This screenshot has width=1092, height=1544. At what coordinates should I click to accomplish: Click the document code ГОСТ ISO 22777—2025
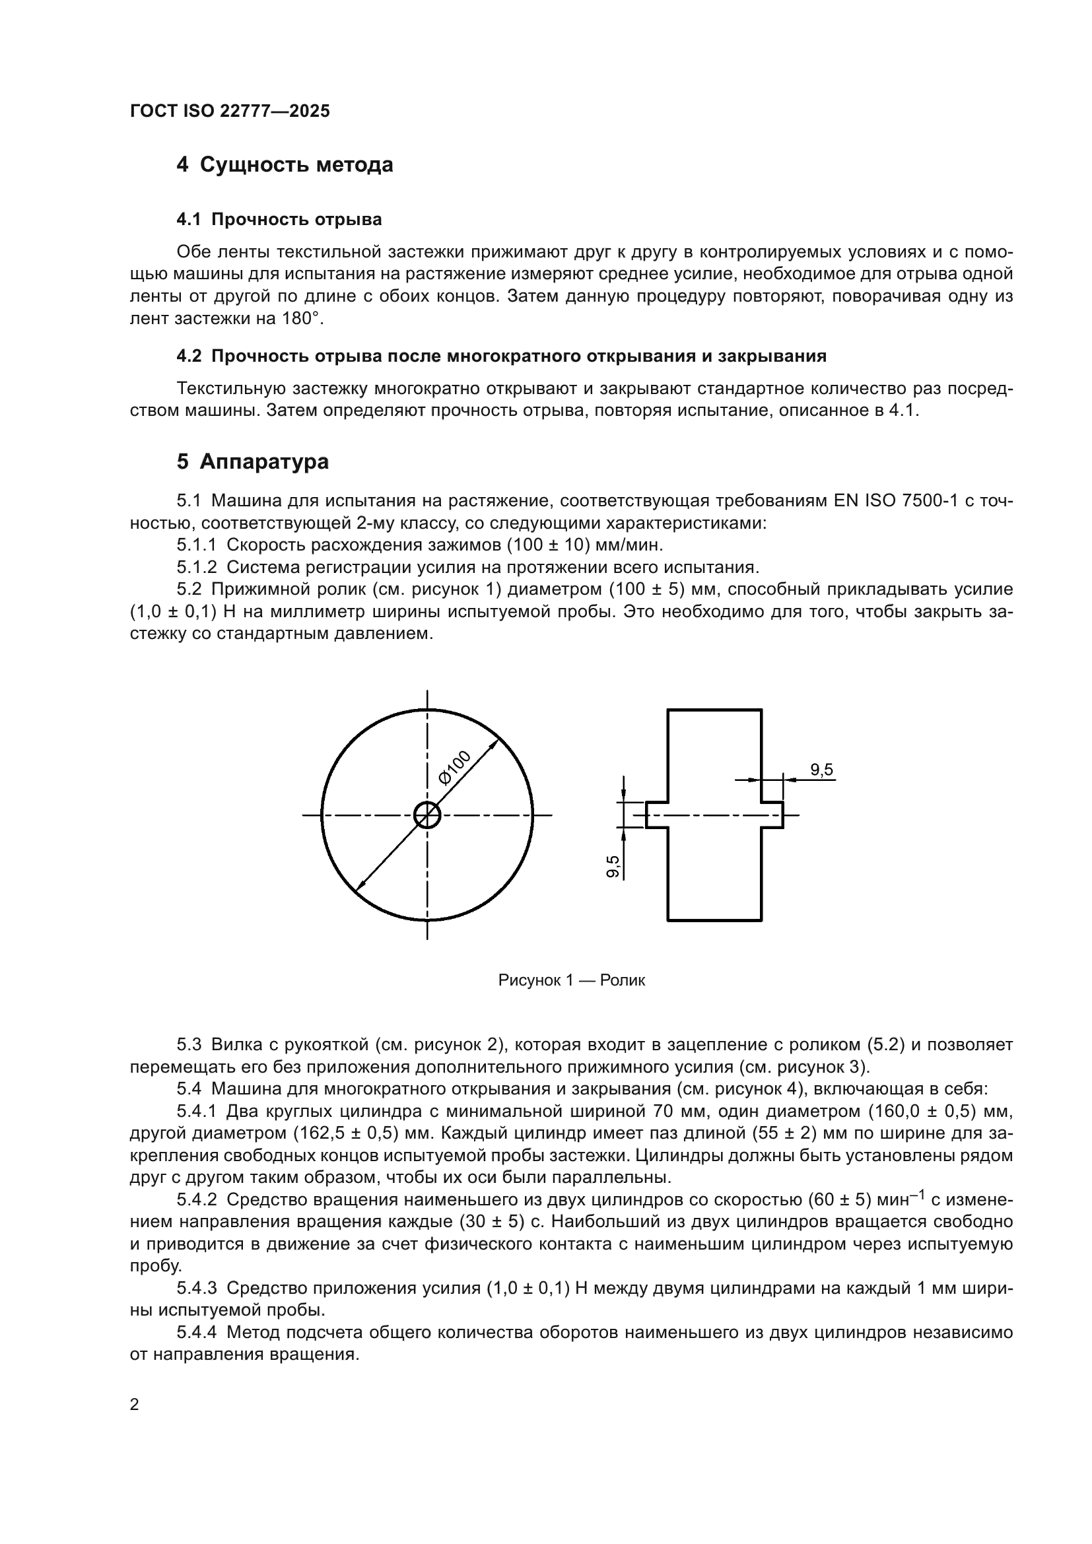[x=229, y=111]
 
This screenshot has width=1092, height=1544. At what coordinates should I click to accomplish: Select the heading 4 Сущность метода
[x=285, y=165]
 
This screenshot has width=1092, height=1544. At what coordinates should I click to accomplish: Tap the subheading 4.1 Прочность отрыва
[x=279, y=219]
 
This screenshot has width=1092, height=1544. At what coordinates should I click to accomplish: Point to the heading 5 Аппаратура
[x=253, y=462]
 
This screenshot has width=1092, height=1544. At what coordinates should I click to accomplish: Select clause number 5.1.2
[x=196, y=568]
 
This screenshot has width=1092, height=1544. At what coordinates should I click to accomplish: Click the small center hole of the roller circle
[x=427, y=815]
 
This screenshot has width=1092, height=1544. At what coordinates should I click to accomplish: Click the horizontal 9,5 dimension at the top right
[x=822, y=769]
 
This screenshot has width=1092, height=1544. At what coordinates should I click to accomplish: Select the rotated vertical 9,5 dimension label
[x=613, y=867]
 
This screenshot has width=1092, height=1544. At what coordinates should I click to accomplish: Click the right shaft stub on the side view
[x=772, y=815]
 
